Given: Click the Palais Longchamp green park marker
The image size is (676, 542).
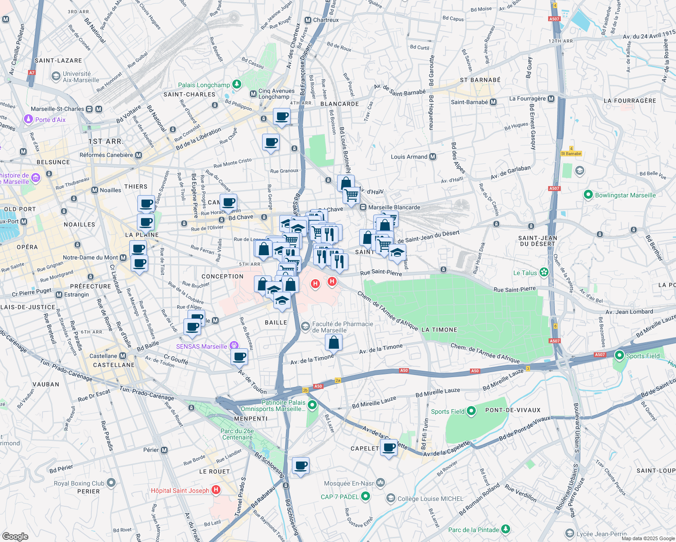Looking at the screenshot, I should [236, 84].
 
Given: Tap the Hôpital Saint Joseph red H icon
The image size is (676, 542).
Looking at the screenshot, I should [216, 490].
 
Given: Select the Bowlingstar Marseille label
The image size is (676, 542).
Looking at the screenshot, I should [625, 195].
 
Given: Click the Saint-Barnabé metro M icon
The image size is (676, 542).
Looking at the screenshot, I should [493, 102].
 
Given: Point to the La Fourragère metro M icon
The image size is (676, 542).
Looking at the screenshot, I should [551, 98].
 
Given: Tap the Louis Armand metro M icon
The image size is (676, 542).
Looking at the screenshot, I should [433, 157].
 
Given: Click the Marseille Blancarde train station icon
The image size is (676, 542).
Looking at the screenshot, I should [362, 207].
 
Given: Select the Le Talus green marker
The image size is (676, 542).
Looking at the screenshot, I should [544, 272].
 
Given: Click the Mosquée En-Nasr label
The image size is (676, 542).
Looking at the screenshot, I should [349, 483].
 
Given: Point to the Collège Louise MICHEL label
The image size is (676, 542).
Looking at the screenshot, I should [430, 499].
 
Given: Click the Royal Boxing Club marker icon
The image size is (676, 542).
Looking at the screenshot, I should [111, 483].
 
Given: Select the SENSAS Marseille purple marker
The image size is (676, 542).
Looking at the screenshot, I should [234, 346].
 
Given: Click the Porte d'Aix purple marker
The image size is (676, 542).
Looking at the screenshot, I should [28, 119].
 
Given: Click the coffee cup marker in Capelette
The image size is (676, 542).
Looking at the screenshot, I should [389, 448].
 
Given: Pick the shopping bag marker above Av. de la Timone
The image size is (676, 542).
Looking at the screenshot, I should [333, 342].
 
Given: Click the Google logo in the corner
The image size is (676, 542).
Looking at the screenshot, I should [15, 536].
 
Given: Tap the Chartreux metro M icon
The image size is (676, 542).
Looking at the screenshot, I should [308, 20].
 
